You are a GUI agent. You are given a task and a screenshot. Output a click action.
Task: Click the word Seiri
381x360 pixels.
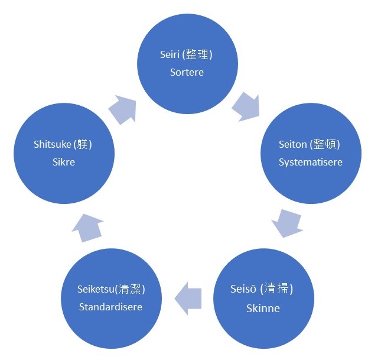(170, 54)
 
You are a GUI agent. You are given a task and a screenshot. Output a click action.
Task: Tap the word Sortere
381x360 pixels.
(187, 72)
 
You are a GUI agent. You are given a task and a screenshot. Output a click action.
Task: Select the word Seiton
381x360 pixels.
(292, 144)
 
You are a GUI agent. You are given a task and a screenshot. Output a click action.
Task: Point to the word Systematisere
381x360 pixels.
(311, 162)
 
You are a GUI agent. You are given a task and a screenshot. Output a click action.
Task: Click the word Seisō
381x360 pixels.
(243, 288)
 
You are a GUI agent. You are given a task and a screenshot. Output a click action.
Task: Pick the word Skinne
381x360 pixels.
(263, 308)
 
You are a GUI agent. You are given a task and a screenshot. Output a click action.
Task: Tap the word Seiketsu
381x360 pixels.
(96, 289)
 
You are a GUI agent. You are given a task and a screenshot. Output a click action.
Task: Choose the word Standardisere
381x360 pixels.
(110, 307)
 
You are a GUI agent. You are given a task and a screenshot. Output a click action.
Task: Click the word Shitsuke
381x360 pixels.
(52, 144)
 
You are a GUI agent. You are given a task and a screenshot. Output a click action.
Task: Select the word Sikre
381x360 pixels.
(64, 162)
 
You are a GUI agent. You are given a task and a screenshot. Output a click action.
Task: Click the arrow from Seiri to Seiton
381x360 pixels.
(246, 106)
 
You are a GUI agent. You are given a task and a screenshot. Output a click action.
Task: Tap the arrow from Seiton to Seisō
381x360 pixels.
(288, 223)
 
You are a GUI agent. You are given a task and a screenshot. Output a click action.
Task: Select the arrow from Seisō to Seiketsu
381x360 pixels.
(188, 299)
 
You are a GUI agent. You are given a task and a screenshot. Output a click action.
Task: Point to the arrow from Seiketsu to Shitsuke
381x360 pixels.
(88, 228)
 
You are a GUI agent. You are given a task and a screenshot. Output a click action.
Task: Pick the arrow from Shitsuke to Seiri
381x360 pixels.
(122, 109)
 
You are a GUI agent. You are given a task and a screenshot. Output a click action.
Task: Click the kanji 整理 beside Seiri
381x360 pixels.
(197, 54)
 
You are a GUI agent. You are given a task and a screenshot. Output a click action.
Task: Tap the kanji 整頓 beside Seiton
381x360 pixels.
(325, 144)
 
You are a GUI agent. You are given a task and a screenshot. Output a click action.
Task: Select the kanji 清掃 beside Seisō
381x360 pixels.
(276, 288)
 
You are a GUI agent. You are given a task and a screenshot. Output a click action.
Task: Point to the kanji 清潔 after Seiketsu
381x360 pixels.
(129, 289)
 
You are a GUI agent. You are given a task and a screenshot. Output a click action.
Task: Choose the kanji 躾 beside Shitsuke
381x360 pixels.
(82, 144)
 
